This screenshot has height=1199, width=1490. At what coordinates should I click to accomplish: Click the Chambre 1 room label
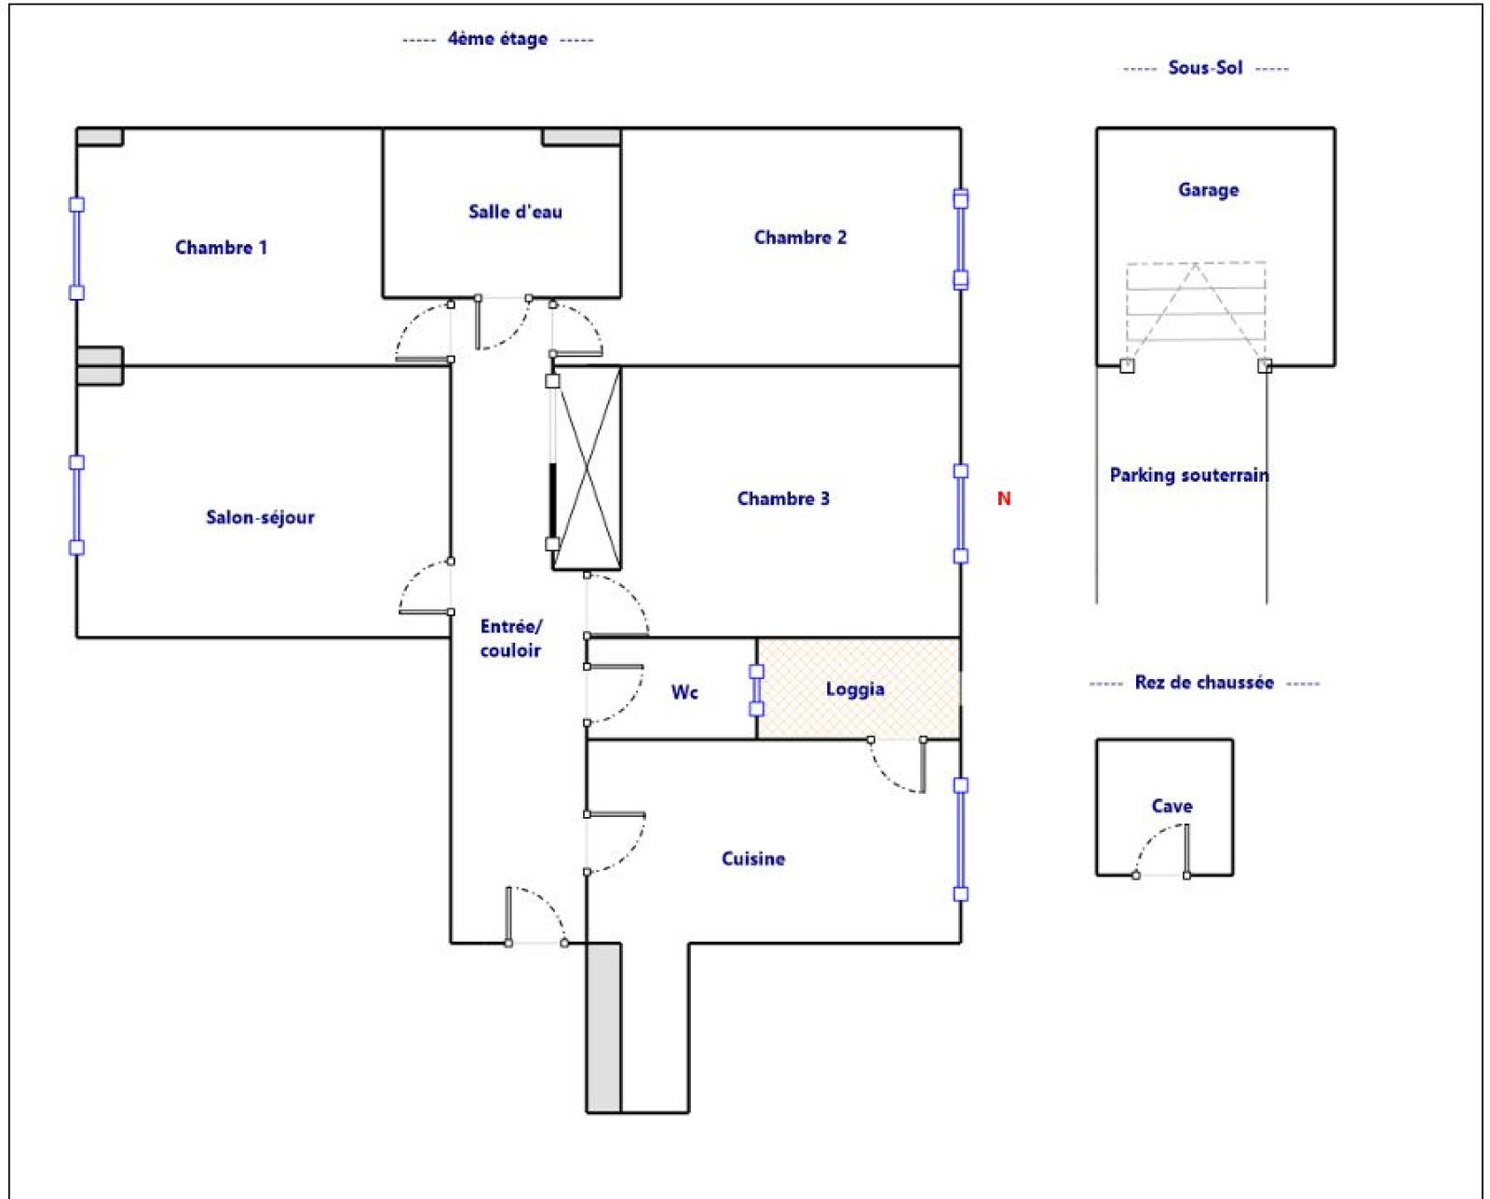coord(221,247)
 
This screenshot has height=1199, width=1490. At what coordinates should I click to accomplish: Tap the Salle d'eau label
coord(515,211)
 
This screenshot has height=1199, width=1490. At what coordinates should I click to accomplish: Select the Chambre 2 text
coord(800,237)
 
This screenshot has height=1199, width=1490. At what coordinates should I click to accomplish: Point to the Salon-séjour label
coord(261,517)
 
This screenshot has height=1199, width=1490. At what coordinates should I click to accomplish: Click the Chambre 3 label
coord(783,498)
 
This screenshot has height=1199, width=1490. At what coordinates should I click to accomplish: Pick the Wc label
coord(684,692)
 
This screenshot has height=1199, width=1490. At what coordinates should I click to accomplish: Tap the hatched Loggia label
coord(855,689)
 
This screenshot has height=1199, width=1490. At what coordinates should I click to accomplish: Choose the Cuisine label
coord(753,859)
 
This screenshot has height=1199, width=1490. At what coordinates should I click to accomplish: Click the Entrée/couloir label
coord(511,638)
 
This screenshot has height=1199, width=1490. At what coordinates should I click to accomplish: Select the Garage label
coord(1208,190)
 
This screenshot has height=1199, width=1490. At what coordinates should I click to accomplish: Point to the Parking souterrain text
coord(1189,475)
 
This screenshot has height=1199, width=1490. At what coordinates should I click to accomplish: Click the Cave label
coord(1172,806)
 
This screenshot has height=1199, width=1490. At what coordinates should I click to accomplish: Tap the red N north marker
coord(1004,498)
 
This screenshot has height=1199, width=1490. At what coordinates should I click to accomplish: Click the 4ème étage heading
coord(498,39)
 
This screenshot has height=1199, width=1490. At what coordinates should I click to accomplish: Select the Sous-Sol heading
coord(1205,68)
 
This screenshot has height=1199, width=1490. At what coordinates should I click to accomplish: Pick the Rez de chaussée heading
coord(1205,683)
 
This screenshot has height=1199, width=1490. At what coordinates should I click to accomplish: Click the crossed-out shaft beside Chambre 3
coord(587,469)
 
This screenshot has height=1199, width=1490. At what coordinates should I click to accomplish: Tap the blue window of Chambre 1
coord(77,249)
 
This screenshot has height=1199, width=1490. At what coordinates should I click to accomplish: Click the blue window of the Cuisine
coord(960,839)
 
